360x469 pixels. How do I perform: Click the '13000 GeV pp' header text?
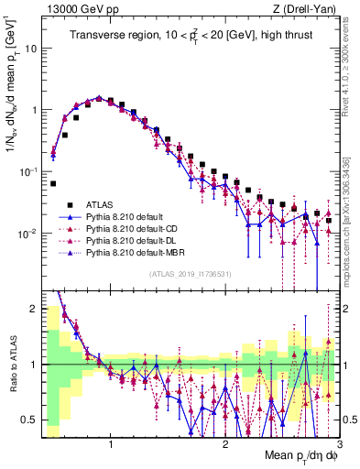point(75,8)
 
